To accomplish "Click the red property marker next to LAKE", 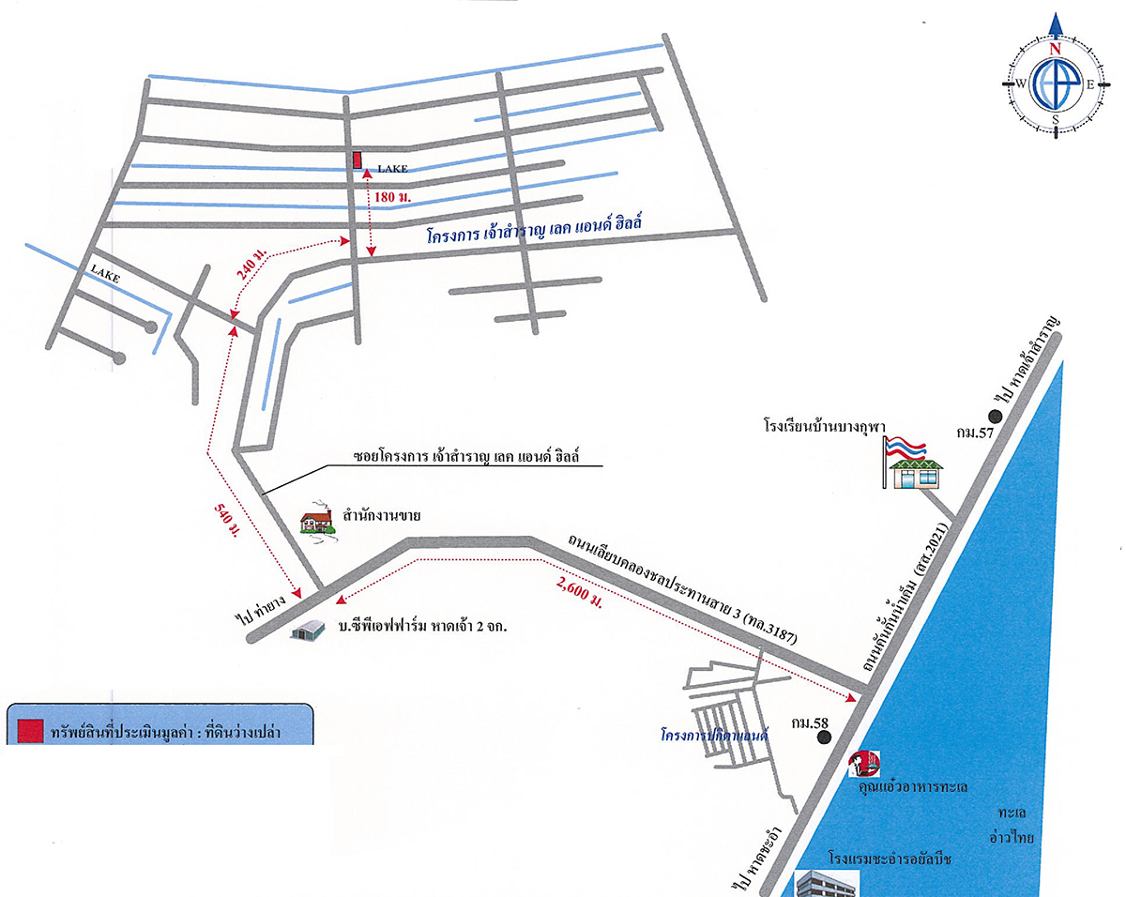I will (x=358, y=160).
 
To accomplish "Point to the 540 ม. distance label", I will (x=226, y=521).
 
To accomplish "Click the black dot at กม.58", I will (x=825, y=737).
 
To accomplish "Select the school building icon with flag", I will (x=909, y=464).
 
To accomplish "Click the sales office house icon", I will (x=317, y=521).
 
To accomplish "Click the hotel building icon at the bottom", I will (x=826, y=883).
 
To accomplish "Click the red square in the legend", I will (x=32, y=730).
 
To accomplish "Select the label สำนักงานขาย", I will (x=381, y=514).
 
